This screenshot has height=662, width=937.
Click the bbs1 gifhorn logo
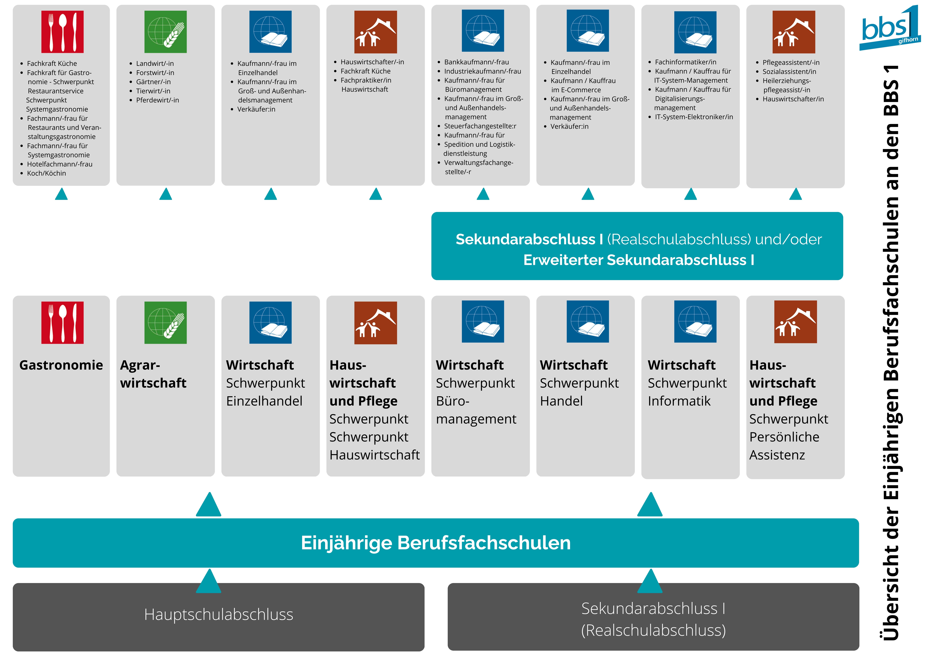coord(890,29)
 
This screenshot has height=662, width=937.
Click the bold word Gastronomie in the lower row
coord(61,365)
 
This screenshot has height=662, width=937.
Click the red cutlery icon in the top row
coord(62,32)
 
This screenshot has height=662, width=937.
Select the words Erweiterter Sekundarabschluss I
coord(639,260)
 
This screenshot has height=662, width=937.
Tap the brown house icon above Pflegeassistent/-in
coord(794,32)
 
